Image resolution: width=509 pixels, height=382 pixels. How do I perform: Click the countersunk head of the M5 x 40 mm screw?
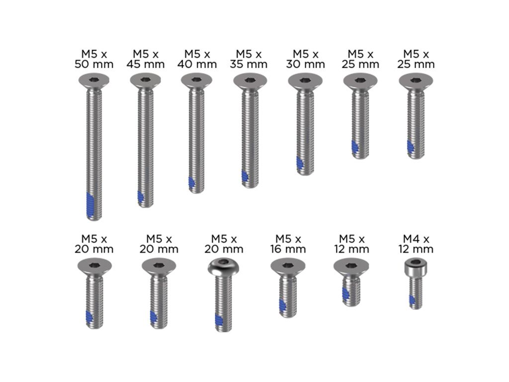[196, 80]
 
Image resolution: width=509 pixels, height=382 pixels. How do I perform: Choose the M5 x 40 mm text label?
[197, 59]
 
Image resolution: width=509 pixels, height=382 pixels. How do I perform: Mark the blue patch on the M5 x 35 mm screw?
[245, 177]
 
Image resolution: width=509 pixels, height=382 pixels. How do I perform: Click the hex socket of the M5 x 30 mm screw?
[304, 80]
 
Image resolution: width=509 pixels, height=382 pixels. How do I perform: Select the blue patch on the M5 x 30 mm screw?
[300, 164]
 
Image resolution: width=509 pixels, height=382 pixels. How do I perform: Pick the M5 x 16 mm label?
[288, 244]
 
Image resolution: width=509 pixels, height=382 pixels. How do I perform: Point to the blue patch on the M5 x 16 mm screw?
[282, 305]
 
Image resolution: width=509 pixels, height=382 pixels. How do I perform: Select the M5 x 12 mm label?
[352, 244]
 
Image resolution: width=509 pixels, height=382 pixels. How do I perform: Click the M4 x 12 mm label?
[416, 244]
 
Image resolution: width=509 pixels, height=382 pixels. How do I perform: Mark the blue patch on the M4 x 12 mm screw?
[412, 300]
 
